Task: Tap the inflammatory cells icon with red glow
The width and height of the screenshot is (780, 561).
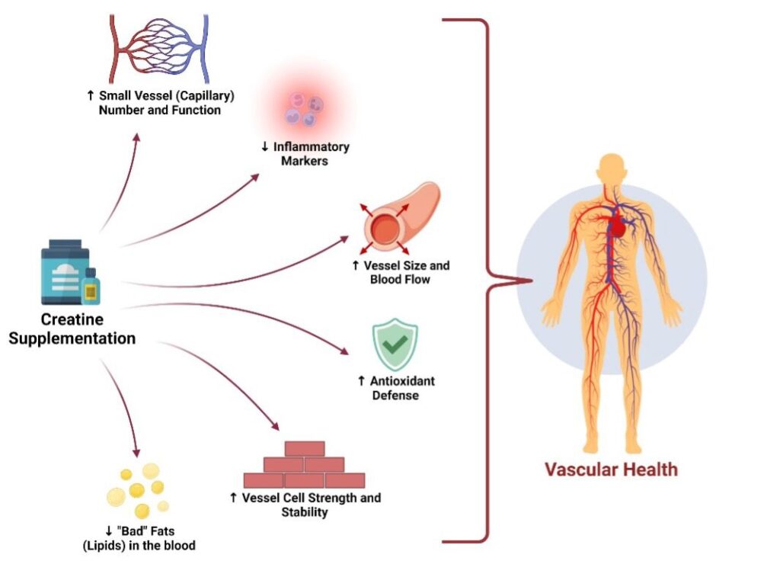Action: [x=304, y=108]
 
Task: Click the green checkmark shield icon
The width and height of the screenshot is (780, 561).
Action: [x=395, y=345]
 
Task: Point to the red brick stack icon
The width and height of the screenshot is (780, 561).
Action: [x=304, y=464]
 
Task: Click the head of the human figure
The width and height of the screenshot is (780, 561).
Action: [x=610, y=169]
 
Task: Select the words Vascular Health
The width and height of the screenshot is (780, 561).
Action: [x=611, y=468]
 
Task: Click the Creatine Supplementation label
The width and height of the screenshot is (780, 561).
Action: [x=72, y=329]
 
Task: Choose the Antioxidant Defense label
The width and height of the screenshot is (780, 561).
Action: [x=395, y=388]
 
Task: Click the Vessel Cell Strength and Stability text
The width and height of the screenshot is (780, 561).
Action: [x=305, y=505]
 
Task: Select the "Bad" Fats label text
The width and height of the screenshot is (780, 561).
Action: [x=152, y=538]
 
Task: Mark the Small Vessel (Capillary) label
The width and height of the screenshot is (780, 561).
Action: [x=154, y=103]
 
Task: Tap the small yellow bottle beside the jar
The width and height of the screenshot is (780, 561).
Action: [x=91, y=287]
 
